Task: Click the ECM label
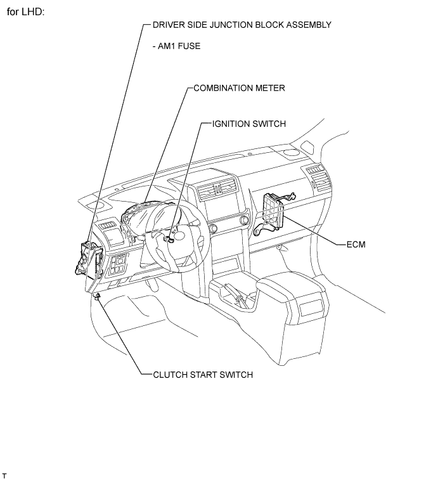356,243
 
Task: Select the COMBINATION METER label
240,88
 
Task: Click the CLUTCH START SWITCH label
203,375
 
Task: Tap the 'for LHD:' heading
25,12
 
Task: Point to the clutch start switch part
97,295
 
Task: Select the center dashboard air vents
217,188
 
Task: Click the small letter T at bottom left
4,474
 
